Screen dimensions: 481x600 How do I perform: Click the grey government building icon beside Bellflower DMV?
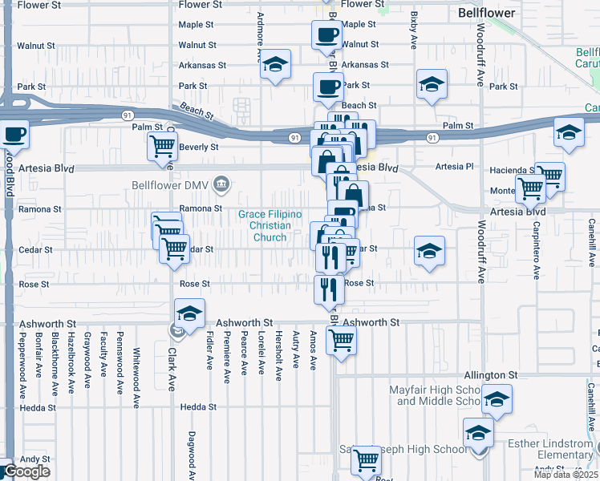221,186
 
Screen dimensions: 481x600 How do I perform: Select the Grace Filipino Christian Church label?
270,225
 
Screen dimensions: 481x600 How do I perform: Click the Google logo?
26,471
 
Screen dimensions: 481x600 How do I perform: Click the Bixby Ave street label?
414,49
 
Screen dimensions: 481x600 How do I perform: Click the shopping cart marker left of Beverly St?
162,147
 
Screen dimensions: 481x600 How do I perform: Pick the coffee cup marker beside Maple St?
326,34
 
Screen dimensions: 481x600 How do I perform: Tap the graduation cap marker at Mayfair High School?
497,400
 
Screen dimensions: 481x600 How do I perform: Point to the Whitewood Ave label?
137,366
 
